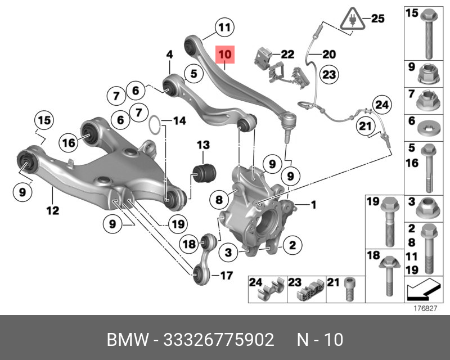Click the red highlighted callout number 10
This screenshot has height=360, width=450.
pos(225,55)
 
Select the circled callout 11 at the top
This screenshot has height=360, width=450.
pos(225,27)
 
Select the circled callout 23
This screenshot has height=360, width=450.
pos(329,74)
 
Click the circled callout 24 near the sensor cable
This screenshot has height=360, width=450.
pos(382,104)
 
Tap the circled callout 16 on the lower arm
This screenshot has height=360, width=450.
pos(68,143)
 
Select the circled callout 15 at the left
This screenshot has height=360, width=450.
pos(43,120)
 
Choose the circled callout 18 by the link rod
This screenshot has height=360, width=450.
pos(190,244)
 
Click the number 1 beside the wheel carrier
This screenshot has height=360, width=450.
pos(313,204)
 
